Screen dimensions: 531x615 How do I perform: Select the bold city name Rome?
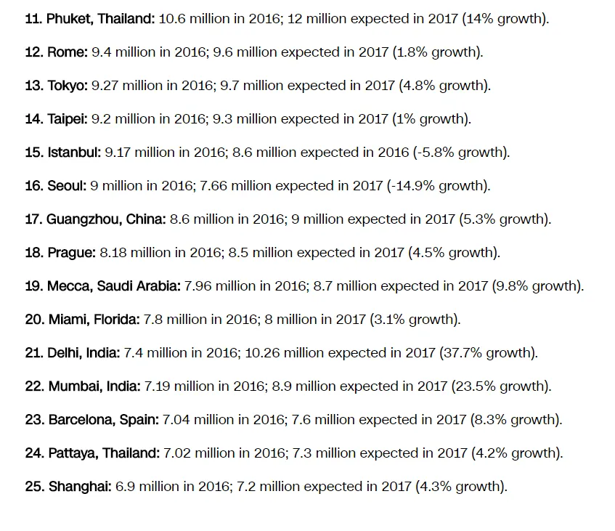(68, 52)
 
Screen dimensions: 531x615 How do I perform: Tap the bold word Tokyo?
(68, 86)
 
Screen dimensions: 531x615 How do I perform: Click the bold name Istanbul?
(74, 153)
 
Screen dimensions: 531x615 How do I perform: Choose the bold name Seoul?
(67, 186)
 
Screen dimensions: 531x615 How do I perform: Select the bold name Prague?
(71, 253)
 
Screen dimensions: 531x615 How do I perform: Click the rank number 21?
(33, 353)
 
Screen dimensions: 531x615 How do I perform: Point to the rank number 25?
(33, 487)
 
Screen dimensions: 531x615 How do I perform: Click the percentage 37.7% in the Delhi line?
(456, 353)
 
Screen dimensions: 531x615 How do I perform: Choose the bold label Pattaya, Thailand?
(104, 453)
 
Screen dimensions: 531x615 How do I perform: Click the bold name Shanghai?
(80, 487)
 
